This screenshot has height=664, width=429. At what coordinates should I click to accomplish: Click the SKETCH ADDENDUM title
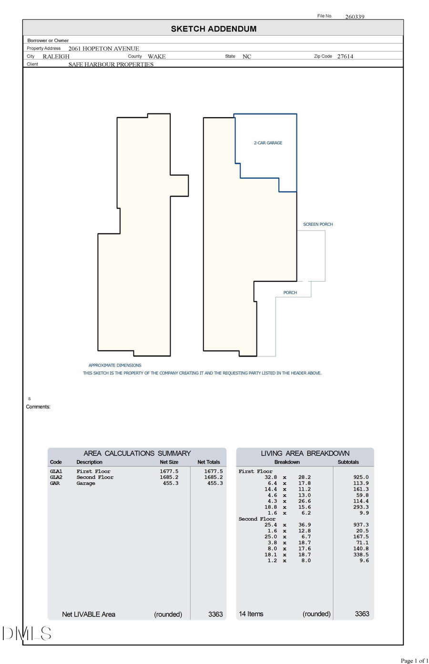coord(214,29)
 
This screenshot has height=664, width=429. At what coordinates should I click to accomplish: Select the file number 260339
coord(355,17)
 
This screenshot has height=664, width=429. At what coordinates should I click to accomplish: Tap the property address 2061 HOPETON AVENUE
coord(103,49)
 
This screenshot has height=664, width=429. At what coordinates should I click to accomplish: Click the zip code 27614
coord(345,56)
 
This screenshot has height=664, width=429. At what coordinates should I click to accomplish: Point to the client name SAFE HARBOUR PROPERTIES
coord(111,64)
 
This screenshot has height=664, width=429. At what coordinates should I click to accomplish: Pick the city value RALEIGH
coord(56,56)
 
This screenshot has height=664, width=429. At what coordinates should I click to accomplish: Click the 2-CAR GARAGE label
coord(268,143)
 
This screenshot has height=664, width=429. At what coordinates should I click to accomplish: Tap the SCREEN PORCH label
coord(318,224)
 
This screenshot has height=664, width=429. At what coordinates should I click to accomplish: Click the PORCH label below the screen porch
coord(290,292)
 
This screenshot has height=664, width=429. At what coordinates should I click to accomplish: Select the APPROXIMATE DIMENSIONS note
coord(115,365)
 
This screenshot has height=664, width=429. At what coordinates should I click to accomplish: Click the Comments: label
coord(38,407)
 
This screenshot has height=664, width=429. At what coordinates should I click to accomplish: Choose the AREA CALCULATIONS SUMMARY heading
coord(137,453)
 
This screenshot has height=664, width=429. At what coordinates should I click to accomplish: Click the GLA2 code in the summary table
coord(56,477)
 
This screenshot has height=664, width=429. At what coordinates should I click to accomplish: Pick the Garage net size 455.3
coord(170,483)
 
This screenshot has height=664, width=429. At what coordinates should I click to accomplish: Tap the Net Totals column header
coord(209,462)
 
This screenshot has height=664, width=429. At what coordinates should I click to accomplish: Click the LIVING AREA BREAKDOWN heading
coord(305,453)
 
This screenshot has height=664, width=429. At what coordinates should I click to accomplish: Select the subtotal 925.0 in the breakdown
coord(361,477)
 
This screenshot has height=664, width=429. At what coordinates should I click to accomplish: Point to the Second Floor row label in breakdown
coord(257,519)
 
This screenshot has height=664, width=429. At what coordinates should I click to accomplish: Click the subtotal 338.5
coord(361,555)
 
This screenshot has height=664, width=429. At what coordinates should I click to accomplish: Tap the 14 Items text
coord(251,614)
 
